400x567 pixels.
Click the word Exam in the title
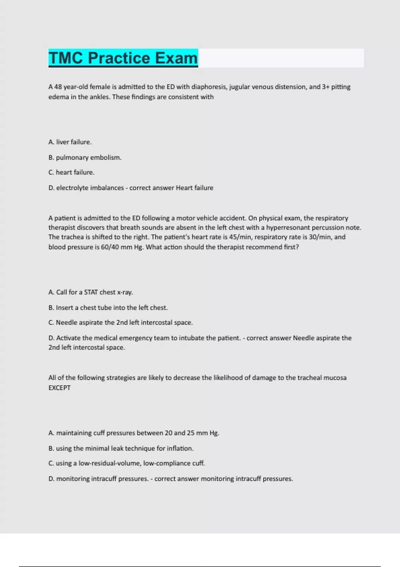(176, 58)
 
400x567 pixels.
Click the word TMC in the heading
(66, 58)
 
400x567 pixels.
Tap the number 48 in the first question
(58, 87)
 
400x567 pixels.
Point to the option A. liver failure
(70, 142)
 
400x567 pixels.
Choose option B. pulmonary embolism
(85, 157)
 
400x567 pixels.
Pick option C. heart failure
(71, 172)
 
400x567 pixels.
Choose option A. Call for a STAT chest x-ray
(91, 292)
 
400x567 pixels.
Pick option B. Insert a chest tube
(108, 308)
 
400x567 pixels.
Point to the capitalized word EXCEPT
(60, 388)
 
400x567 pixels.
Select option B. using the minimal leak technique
(121, 449)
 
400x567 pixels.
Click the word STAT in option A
(91, 292)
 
